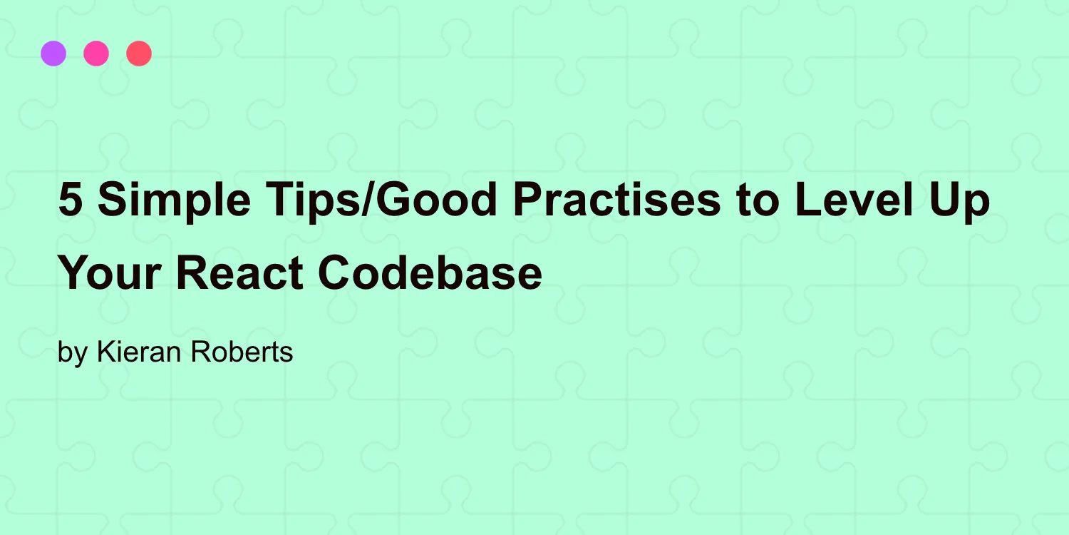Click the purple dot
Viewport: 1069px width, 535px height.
53,53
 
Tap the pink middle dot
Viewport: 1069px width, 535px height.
96,53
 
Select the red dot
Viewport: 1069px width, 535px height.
139,53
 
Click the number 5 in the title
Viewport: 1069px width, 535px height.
70,200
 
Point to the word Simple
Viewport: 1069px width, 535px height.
173,200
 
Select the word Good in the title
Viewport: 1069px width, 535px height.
437,200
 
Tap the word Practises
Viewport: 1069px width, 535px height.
617,200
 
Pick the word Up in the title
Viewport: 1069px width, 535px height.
963,200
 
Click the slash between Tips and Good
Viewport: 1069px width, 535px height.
369,200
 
